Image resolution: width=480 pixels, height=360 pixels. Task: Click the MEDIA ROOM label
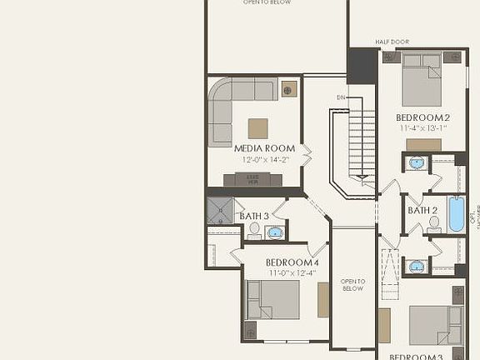(258, 147)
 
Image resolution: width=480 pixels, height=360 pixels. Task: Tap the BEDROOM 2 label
(422, 117)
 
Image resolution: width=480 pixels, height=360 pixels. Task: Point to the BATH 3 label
(254, 217)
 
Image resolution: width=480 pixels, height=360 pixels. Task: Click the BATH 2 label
(422, 210)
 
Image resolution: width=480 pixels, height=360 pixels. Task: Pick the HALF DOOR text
(391, 41)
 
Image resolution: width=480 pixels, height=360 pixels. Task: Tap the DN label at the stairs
(341, 97)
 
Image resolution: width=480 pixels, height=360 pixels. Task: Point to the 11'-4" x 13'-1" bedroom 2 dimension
(422, 128)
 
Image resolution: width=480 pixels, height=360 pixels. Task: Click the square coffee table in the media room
(258, 128)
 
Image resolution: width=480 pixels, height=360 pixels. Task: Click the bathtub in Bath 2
(457, 215)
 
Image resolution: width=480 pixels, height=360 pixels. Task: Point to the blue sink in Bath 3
(274, 231)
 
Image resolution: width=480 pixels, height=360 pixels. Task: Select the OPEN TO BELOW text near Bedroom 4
(353, 285)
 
